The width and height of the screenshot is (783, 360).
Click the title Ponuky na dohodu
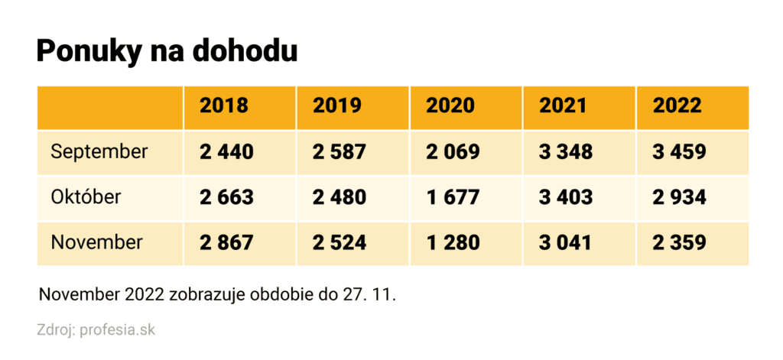(x=167, y=51)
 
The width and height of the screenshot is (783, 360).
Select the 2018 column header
(x=224, y=105)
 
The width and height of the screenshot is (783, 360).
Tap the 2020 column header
(x=450, y=105)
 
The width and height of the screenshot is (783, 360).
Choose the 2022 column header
(x=677, y=105)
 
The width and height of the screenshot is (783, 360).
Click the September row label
(x=99, y=151)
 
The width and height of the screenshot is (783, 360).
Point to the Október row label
(x=86, y=197)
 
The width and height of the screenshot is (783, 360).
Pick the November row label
(x=96, y=243)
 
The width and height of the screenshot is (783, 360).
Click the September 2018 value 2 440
(x=226, y=151)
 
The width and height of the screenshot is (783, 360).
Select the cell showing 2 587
(x=340, y=151)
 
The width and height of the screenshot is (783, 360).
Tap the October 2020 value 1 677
(x=453, y=197)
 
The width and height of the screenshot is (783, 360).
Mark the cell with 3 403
(x=566, y=197)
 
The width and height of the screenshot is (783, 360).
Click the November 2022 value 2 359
(x=679, y=243)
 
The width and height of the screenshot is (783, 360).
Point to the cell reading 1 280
(x=453, y=243)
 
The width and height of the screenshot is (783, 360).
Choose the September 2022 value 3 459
(x=679, y=151)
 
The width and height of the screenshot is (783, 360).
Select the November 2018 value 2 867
(x=226, y=243)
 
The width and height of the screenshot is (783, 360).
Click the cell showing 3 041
(x=566, y=243)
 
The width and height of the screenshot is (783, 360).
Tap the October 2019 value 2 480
(x=340, y=197)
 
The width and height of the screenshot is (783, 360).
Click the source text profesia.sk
(x=117, y=331)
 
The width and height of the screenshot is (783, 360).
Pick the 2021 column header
(x=564, y=105)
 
